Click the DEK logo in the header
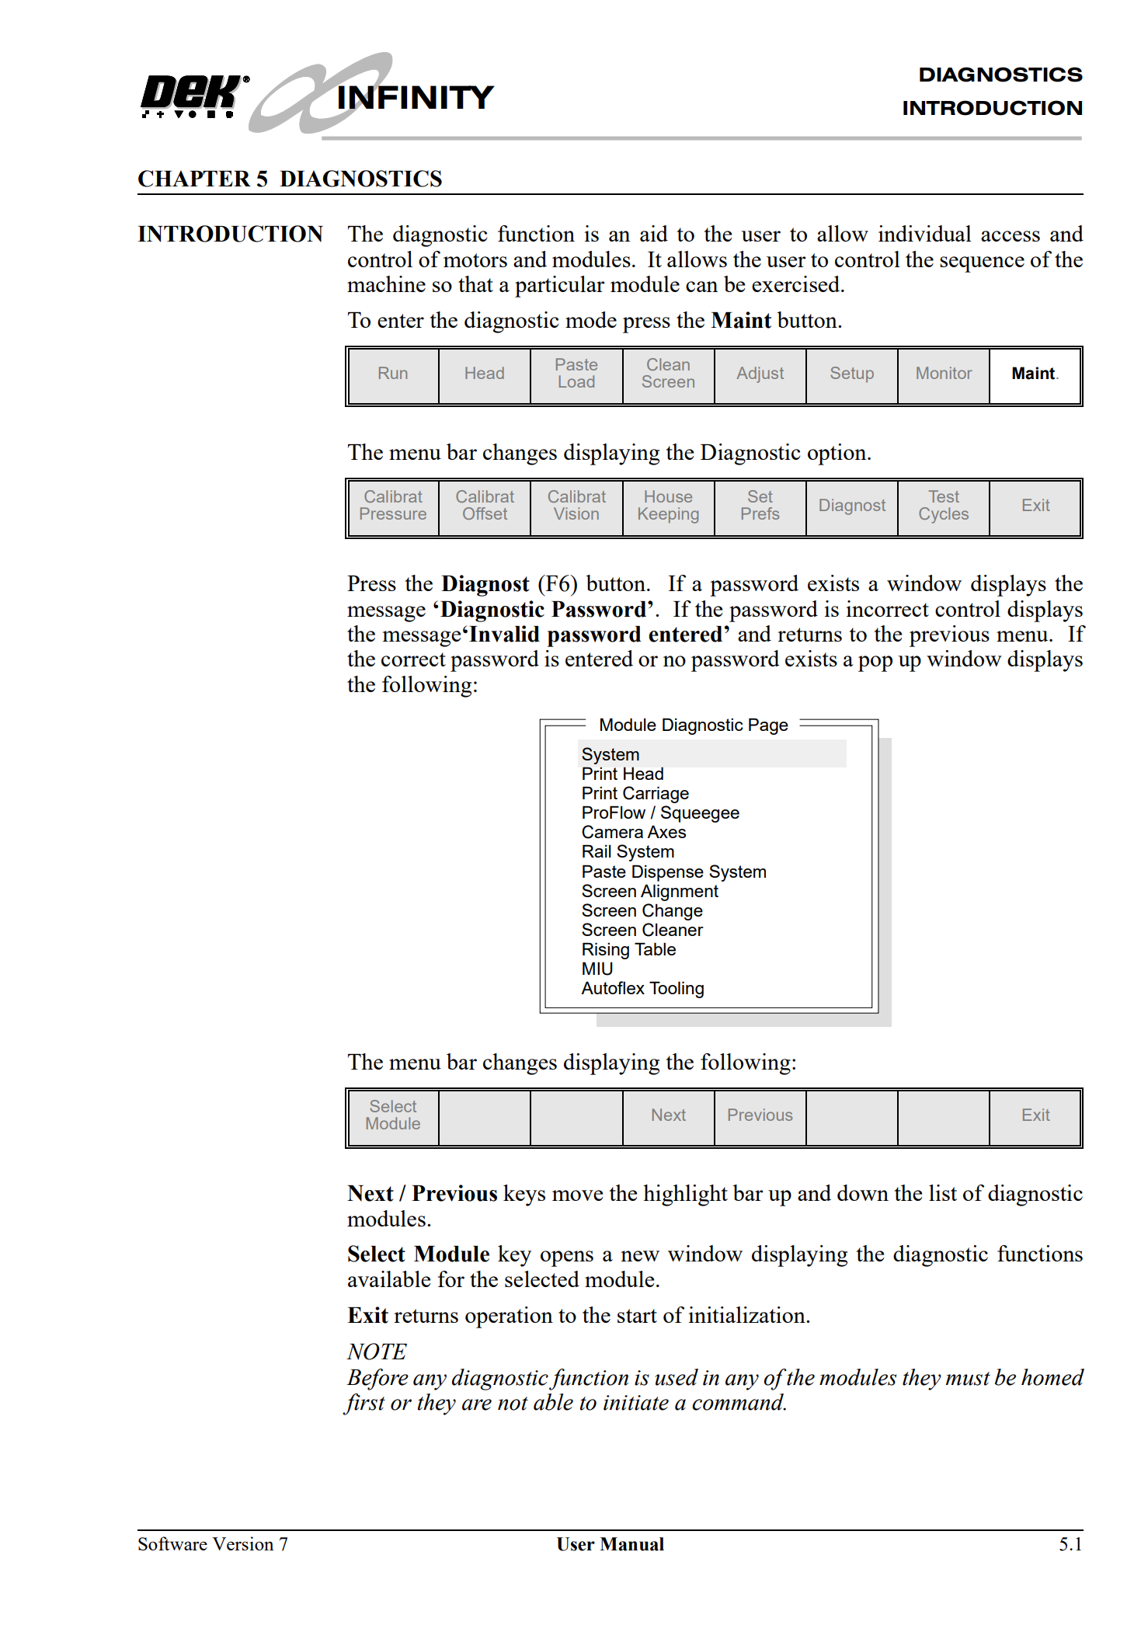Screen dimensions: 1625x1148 coord(193,96)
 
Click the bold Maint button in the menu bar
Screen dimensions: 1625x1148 coord(1034,374)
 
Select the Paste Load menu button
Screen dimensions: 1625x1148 coord(576,374)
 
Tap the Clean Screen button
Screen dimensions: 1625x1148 coord(668,374)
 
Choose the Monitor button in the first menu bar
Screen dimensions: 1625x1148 coord(943,374)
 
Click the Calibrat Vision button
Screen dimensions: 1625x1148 coord(576,506)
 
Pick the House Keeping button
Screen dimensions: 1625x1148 coord(668,506)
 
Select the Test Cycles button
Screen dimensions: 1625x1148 coord(943,506)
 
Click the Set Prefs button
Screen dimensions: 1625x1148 coord(760,506)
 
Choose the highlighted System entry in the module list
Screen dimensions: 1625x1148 coord(611,754)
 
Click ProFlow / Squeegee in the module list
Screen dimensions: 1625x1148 coord(660,813)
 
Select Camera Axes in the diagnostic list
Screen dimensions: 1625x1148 coord(634,833)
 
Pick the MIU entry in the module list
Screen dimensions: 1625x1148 coord(597,969)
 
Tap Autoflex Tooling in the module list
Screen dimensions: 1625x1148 coord(643,989)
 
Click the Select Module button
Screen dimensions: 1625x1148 coord(393,1115)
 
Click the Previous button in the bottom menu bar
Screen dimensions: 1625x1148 coord(760,1115)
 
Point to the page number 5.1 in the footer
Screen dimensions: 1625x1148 coord(1070,1544)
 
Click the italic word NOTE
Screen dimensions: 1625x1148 coord(377,1352)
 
